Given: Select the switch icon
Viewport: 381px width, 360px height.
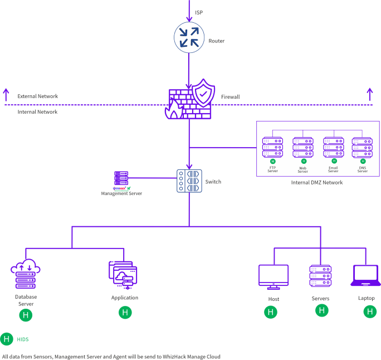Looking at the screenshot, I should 189,181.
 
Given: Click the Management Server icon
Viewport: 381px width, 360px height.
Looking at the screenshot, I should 121,179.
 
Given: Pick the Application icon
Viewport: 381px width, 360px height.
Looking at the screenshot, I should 123,275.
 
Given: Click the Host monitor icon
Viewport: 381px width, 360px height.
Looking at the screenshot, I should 273,277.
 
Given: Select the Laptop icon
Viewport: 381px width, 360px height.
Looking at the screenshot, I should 365,275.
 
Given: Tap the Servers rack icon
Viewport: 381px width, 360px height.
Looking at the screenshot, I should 321,276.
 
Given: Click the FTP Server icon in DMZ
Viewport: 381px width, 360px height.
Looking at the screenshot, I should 273,147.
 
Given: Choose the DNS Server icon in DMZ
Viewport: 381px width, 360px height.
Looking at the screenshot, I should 362,147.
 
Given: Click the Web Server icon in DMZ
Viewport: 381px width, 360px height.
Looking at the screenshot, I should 303,147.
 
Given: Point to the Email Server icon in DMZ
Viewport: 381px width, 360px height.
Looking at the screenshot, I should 333,147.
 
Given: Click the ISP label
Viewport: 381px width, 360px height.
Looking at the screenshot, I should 199,12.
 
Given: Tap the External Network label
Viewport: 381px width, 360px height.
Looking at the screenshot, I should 37,96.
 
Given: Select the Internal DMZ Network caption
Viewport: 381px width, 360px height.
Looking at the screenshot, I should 317,182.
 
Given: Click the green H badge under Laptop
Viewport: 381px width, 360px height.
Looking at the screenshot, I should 370,312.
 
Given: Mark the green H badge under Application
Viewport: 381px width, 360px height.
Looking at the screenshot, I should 125,312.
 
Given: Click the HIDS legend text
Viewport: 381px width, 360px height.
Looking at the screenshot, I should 23,339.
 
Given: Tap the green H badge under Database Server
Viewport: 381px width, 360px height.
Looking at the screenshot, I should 26,315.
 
